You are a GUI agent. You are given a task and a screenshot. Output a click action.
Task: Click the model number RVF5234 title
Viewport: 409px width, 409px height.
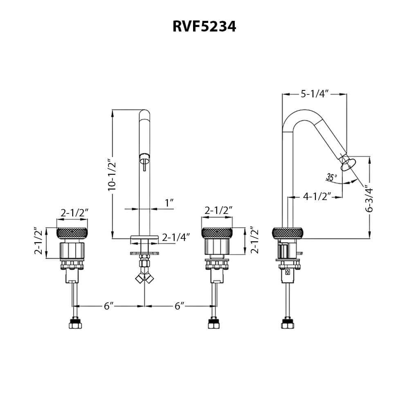(204, 27)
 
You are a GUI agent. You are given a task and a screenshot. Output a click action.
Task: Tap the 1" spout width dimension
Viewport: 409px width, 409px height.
(169, 202)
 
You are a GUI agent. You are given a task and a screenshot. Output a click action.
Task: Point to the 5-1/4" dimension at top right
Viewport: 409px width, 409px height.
(315, 94)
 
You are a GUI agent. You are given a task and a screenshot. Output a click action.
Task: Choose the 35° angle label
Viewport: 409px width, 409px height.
(331, 177)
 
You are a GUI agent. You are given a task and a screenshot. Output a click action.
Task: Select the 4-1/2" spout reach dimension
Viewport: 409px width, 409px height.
(317, 197)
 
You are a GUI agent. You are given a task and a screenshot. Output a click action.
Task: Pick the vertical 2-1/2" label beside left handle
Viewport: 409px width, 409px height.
(39, 241)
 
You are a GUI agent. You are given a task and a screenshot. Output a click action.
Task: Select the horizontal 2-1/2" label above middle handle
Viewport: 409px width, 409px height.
(218, 211)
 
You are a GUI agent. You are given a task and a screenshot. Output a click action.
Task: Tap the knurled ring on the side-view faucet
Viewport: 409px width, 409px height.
(288, 233)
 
